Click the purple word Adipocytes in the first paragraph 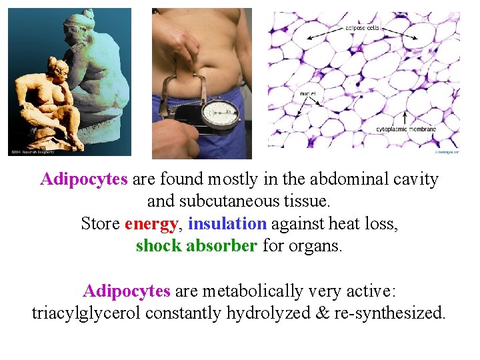84,179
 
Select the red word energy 151,223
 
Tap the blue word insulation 227,223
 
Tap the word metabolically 255,291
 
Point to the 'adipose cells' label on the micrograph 363,28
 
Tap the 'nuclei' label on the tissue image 309,94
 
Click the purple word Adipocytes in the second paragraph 127,291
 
